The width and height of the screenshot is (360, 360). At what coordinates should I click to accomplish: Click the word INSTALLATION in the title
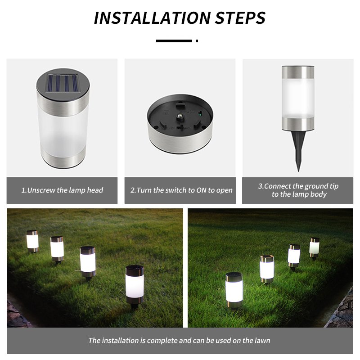pyautogui.click(x=153, y=18)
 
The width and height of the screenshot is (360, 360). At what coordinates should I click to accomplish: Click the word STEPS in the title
pyautogui.click(x=240, y=18)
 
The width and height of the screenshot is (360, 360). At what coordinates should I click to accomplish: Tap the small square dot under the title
pyautogui.click(x=197, y=41)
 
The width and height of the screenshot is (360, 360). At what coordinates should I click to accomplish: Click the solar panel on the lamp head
pyautogui.click(x=63, y=84)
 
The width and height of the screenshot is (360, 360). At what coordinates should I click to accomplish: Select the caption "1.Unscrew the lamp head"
pyautogui.click(x=62, y=190)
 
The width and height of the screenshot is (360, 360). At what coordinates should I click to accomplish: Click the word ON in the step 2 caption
pyautogui.click(x=201, y=190)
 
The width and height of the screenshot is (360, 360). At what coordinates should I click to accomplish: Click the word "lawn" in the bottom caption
pyautogui.click(x=262, y=340)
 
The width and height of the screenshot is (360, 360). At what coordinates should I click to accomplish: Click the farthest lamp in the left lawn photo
pyautogui.click(x=32, y=241)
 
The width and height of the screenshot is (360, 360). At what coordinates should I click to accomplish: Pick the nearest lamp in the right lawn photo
pyautogui.click(x=234, y=290)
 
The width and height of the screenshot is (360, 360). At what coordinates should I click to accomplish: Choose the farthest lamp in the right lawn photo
pyautogui.click(x=314, y=247)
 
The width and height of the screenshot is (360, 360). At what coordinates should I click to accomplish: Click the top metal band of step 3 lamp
pyautogui.click(x=298, y=72)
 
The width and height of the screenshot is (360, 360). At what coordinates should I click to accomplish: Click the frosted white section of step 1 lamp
pyautogui.click(x=63, y=133)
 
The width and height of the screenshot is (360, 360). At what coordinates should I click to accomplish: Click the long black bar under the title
pyautogui.click(x=174, y=41)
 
